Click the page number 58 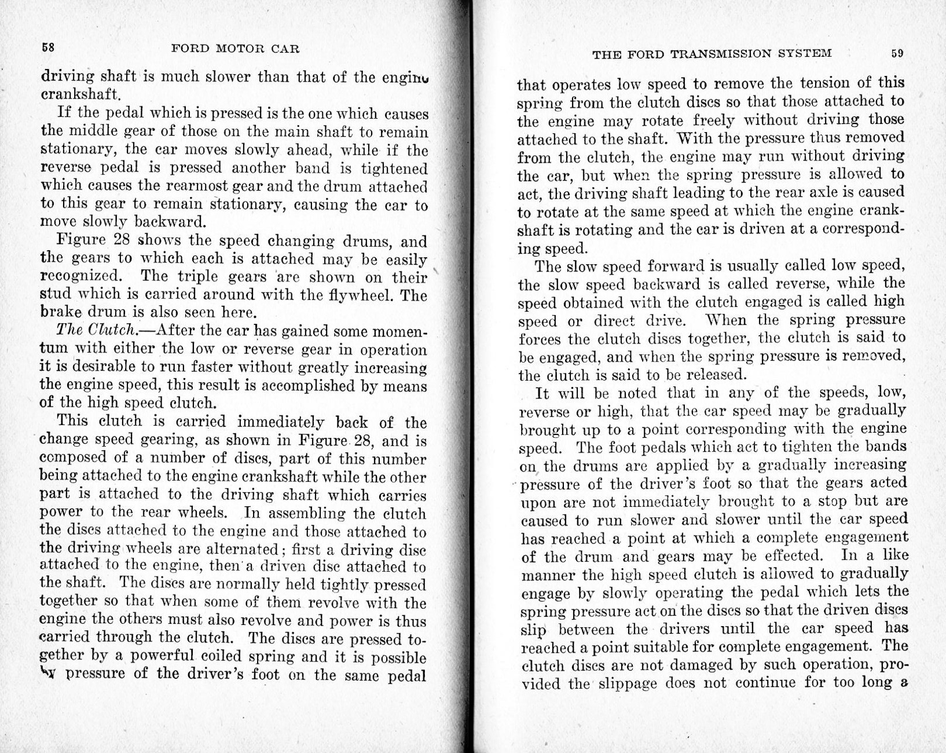point(48,47)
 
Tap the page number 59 point(897,53)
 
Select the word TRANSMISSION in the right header point(722,54)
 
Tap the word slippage point(628,683)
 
